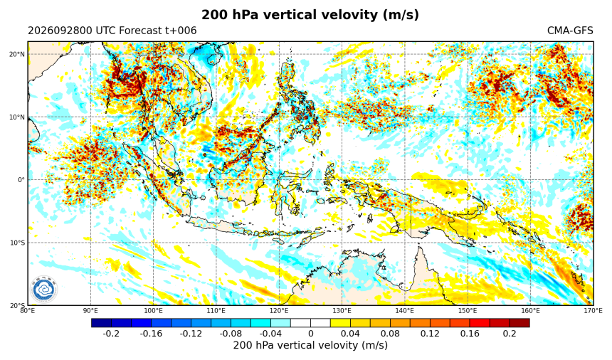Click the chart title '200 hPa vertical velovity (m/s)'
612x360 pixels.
tap(310, 15)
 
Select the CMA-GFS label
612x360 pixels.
tap(570, 31)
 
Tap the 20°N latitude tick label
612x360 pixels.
tap(17, 54)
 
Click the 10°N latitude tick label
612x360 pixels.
tap(17, 117)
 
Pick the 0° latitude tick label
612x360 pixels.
tap(21, 180)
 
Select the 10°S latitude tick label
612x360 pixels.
tap(17, 243)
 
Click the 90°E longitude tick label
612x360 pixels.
tap(90, 310)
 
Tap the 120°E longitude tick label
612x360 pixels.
tap(279, 310)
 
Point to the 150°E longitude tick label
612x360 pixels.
tap(468, 310)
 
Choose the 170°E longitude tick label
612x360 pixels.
tap(593, 310)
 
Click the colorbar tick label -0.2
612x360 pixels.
tap(111, 334)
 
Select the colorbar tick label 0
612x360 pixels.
tap(311, 334)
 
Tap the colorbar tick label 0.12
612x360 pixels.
tap(430, 334)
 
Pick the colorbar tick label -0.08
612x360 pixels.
tap(231, 334)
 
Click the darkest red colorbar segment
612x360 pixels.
tap(519, 323)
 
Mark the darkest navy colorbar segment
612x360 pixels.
tap(102, 323)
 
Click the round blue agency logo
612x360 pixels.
tap(44, 290)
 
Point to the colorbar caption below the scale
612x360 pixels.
tap(310, 346)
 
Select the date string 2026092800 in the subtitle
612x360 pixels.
tap(60, 31)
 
